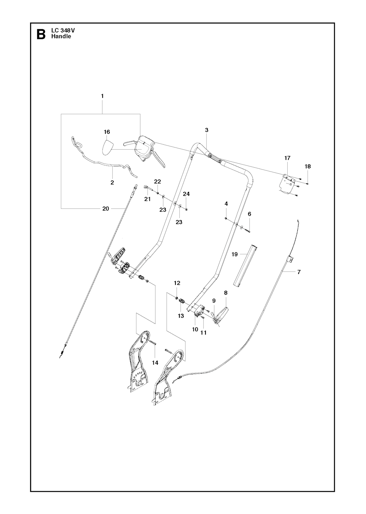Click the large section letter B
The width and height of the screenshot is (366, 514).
(41, 34)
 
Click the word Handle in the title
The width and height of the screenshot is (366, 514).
(61, 36)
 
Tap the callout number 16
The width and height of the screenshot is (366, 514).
(107, 132)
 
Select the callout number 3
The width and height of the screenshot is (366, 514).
(207, 130)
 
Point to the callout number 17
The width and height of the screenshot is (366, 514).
(287, 158)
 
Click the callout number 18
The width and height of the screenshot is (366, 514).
(308, 166)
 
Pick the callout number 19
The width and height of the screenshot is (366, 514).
(234, 254)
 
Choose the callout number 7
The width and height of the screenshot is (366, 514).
(299, 272)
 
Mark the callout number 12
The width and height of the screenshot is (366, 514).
(177, 283)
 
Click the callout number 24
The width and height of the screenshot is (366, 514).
(186, 194)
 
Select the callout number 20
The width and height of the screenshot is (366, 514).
(105, 208)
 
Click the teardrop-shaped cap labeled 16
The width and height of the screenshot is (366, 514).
(107, 148)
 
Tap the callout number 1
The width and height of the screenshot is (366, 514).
(102, 96)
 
